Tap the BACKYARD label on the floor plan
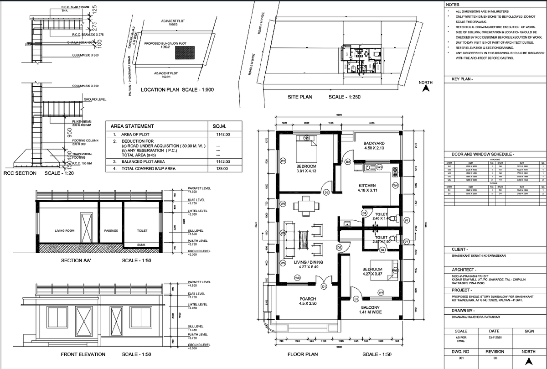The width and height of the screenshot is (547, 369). [374, 143]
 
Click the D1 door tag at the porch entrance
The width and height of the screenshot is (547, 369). [324, 286]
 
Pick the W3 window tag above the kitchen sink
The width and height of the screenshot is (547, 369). [379, 167]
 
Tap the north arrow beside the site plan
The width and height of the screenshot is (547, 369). [425, 89]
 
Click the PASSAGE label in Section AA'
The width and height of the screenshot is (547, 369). [111, 231]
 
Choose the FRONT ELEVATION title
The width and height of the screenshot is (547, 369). [83, 354]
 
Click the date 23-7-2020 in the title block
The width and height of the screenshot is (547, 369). [494, 338]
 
